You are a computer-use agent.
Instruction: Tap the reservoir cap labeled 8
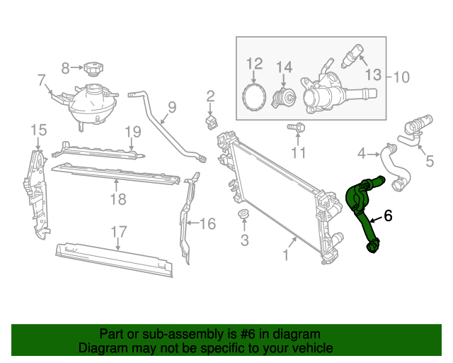click(92, 69)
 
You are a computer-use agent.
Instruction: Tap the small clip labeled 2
click(210, 123)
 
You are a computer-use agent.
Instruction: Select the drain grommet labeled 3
click(242, 216)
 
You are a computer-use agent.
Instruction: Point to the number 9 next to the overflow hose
click(171, 108)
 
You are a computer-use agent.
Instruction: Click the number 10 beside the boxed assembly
click(401, 77)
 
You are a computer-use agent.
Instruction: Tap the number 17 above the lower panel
click(118, 231)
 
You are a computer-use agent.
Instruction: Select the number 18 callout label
click(118, 199)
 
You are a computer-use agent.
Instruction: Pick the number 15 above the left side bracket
click(38, 129)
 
